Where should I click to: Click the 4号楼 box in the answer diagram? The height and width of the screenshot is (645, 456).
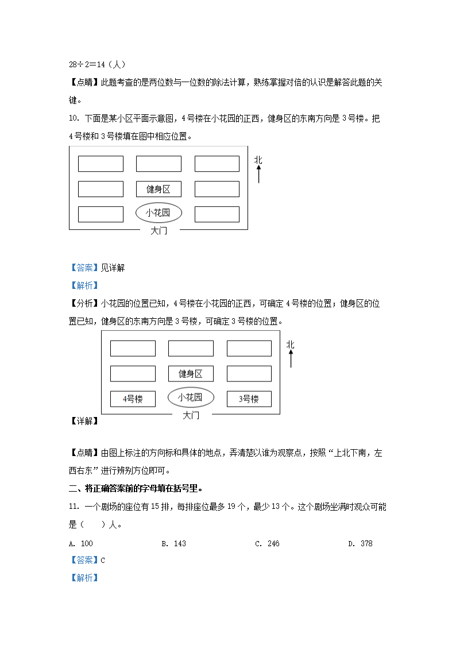coord(133,399)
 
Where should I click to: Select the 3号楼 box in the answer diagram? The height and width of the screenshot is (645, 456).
coord(249,399)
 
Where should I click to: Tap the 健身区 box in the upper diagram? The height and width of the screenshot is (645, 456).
coord(159,189)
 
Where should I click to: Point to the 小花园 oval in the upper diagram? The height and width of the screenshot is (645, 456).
coord(159,213)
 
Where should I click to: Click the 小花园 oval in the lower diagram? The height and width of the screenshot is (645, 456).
coord(191,397)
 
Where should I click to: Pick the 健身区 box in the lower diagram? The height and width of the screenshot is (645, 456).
coord(191,374)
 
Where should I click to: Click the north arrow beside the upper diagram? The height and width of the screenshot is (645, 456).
coord(258,169)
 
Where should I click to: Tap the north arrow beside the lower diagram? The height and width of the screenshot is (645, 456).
coord(291,353)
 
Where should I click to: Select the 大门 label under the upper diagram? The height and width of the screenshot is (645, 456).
coord(159,230)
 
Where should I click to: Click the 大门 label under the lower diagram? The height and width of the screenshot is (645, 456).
coord(191,415)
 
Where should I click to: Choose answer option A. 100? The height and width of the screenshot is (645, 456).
coord(80,543)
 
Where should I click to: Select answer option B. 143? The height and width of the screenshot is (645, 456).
coord(173,543)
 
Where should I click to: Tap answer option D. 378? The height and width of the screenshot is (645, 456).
coord(360,543)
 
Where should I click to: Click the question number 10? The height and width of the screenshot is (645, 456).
coord(73,119)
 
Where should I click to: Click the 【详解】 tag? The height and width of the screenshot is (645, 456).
coord(84,421)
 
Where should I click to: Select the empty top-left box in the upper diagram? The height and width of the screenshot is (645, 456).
coord(101,164)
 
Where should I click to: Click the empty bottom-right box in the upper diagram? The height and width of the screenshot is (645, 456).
coord(217,214)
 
